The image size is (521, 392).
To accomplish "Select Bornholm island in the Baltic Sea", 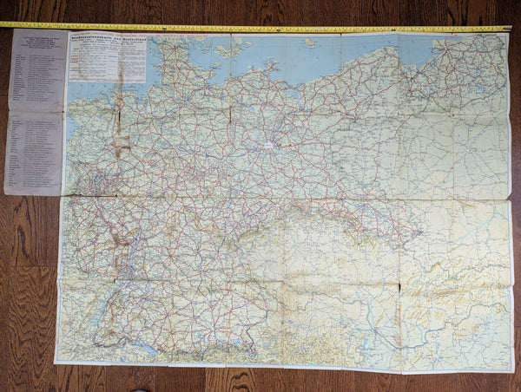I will (x=307, y=42).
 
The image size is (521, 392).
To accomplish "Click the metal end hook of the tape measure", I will (x=509, y=29).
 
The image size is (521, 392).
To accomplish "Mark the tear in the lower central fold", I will (x=399, y=287).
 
